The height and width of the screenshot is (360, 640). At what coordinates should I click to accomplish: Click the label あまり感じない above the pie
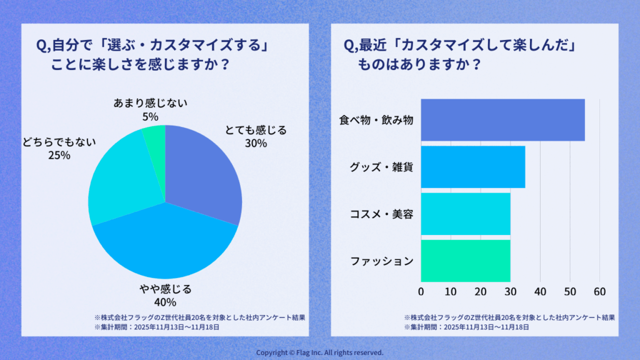pyautogui.click(x=150, y=102)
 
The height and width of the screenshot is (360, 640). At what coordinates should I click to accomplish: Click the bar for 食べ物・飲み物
pyautogui.click(x=502, y=120)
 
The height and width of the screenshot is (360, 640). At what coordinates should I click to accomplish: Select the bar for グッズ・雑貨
pyautogui.click(x=472, y=167)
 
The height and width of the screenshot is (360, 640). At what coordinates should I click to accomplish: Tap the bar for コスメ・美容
pyautogui.click(x=466, y=214)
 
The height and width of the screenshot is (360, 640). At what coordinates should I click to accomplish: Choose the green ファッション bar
pyautogui.click(x=466, y=261)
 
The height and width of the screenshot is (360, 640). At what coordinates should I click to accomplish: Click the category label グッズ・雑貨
pyautogui.click(x=381, y=167)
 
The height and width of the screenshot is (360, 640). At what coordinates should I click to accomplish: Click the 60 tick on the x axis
pyautogui.click(x=600, y=291)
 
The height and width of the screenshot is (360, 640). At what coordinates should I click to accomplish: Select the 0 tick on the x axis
pyautogui.click(x=421, y=291)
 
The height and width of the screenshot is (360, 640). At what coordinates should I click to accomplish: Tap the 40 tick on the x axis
pyautogui.click(x=541, y=291)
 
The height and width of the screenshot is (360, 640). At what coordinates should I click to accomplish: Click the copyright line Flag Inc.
pyautogui.click(x=320, y=352)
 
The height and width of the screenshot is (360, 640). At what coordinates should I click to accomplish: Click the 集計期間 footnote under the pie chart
pyautogui.click(x=157, y=326)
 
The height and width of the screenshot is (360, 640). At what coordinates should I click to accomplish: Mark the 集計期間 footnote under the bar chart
pyautogui.click(x=466, y=326)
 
